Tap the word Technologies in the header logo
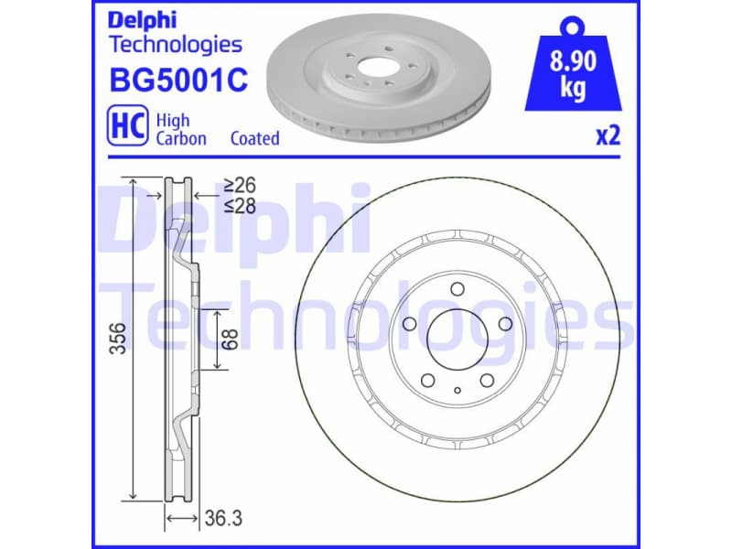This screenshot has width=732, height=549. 175,44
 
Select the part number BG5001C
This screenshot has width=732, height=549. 178,81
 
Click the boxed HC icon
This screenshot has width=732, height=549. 128,127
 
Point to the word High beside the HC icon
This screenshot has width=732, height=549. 172,120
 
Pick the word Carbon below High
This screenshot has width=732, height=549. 180,138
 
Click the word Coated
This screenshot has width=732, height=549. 254,138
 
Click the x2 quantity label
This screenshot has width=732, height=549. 608,135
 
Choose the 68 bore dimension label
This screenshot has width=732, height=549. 231,339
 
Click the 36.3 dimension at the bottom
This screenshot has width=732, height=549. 223,519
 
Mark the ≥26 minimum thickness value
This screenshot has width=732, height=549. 240,186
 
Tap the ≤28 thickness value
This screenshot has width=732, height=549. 240,206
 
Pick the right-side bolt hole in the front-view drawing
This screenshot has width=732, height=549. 503,324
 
